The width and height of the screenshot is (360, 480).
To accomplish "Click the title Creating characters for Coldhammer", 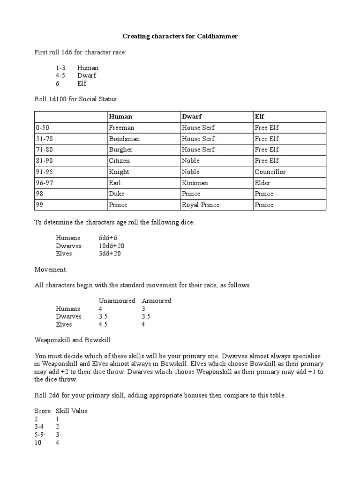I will point(180,36).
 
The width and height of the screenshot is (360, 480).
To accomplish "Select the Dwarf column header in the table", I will point(191,116).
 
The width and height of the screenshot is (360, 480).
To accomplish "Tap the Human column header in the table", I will point(120,116).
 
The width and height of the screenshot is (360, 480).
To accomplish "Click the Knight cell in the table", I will point(119,172).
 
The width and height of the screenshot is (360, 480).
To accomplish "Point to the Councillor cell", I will point(270,172).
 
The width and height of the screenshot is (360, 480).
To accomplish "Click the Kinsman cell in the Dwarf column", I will point(195,183).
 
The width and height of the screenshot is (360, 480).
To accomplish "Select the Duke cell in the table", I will point(117,194).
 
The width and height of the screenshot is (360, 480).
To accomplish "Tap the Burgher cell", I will point(120,150).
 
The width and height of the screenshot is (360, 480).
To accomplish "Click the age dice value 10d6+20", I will point(112,246).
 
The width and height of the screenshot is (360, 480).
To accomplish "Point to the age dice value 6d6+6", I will point(108,238).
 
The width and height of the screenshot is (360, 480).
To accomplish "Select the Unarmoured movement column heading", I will point(117,300).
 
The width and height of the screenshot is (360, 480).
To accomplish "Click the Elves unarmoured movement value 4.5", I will point(104,324).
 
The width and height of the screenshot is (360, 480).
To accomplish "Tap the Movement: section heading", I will point(51,270).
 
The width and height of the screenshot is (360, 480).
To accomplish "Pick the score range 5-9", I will point(40,435).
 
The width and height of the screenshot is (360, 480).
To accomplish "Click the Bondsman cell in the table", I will point(124,139).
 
